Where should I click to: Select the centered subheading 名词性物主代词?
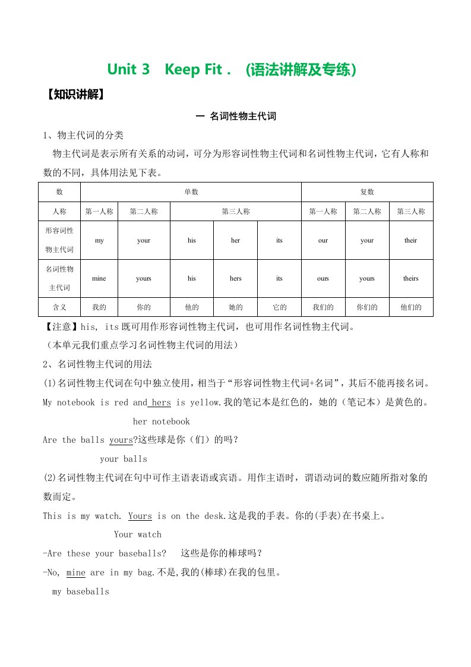236,117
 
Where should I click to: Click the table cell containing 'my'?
99,240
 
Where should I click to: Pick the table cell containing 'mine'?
99,278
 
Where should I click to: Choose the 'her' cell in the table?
235,240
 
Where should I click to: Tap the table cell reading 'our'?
323,240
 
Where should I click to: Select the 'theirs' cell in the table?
410,278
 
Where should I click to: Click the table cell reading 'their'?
410,240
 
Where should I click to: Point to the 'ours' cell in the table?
323,278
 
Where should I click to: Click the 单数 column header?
191,192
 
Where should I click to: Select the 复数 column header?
367,192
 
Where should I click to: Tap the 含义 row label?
59,307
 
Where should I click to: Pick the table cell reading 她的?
235,307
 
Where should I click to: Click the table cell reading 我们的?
323,307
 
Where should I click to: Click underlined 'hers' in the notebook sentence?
161,402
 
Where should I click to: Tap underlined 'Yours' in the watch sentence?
140,516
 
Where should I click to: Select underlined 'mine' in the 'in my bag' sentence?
76,573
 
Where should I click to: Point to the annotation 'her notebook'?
161,421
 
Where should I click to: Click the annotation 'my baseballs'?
81,592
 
